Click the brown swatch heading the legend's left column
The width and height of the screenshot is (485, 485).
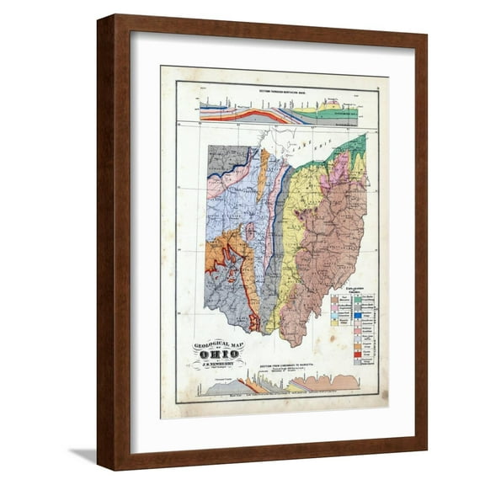click(x=335, y=299)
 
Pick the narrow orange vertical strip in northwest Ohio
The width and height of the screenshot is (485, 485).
click(x=263, y=172)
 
